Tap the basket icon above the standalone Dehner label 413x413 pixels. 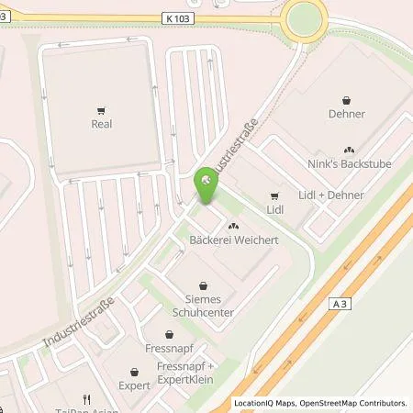[347, 101]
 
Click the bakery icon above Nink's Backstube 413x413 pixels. [349, 150]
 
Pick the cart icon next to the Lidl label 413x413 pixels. [274, 195]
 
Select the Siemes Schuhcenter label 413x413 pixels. [204, 306]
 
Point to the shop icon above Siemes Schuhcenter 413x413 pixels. [204, 285]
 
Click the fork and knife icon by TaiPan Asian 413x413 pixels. [84, 398]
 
